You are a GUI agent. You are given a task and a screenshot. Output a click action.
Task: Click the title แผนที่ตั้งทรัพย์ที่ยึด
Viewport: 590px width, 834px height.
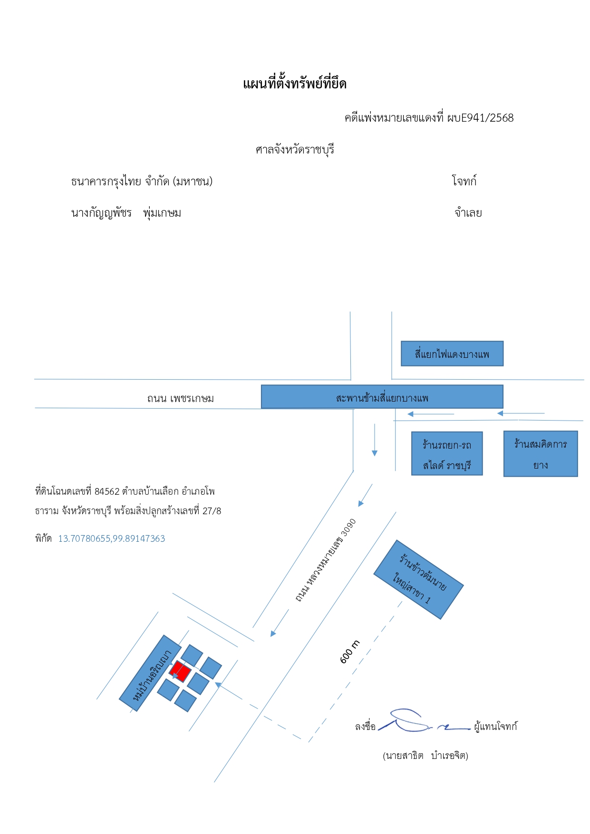[295, 84]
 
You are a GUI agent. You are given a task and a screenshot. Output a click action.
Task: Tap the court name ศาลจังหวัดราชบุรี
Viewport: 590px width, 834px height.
[295, 150]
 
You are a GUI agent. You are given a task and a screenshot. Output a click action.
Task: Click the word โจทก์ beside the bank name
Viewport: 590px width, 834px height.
[464, 181]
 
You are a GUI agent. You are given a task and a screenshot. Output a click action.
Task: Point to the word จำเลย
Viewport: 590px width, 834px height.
[468, 213]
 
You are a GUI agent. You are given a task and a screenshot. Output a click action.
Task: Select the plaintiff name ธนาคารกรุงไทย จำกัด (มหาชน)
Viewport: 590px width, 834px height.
[142, 181]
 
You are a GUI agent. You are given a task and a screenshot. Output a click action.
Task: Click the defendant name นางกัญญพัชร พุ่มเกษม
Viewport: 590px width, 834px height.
[126, 213]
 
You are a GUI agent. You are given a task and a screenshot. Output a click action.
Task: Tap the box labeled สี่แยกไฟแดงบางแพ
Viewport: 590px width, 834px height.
[452, 354]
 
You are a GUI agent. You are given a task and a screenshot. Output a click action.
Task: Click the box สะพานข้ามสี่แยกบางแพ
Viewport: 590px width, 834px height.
[382, 397]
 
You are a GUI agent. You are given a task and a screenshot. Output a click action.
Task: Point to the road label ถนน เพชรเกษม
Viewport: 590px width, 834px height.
[181, 398]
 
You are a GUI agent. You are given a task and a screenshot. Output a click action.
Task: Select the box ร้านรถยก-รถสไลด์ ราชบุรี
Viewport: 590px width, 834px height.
[447, 453]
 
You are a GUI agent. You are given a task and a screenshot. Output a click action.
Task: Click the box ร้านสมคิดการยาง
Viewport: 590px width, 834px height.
[541, 454]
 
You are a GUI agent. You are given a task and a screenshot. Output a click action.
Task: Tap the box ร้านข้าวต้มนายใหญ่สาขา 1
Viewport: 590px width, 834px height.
[418, 579]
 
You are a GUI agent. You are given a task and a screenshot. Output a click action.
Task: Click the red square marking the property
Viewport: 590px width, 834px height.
[180, 671]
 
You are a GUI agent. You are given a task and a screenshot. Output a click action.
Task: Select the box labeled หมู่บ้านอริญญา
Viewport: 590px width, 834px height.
[150, 673]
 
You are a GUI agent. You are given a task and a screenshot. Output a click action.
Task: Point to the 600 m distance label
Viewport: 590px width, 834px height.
[350, 652]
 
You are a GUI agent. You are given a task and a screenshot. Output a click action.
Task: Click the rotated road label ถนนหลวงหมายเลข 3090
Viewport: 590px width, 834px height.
[326, 561]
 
